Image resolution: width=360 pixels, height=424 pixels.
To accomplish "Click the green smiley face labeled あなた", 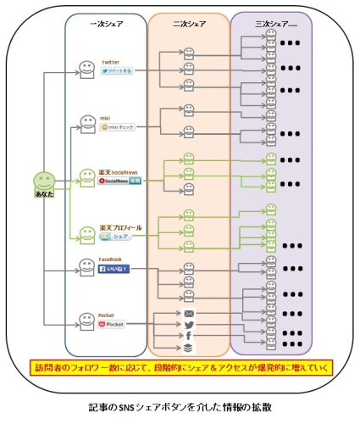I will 43,182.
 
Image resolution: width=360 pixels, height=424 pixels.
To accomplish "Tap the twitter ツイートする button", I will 117,71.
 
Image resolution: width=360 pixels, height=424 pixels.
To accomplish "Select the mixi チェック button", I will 117,126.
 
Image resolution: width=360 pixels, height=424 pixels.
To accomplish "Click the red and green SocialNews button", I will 119,181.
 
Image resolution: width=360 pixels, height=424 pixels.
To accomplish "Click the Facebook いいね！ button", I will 115,268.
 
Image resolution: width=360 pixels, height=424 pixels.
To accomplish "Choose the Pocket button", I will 112,324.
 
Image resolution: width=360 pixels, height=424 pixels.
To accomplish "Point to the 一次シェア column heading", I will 106,24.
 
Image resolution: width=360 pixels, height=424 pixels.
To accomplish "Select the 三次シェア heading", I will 270,24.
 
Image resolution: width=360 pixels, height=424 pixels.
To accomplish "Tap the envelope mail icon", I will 190,313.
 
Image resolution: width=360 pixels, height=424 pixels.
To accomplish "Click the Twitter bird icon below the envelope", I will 190,325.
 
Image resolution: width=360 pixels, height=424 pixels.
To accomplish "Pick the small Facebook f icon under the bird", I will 190,336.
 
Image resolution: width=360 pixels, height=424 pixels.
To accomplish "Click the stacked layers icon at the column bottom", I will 190,348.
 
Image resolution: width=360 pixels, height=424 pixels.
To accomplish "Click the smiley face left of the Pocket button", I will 86,320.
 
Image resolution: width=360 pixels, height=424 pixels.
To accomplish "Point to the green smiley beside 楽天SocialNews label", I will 86,176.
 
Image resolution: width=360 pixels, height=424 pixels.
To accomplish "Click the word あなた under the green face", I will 43,196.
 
